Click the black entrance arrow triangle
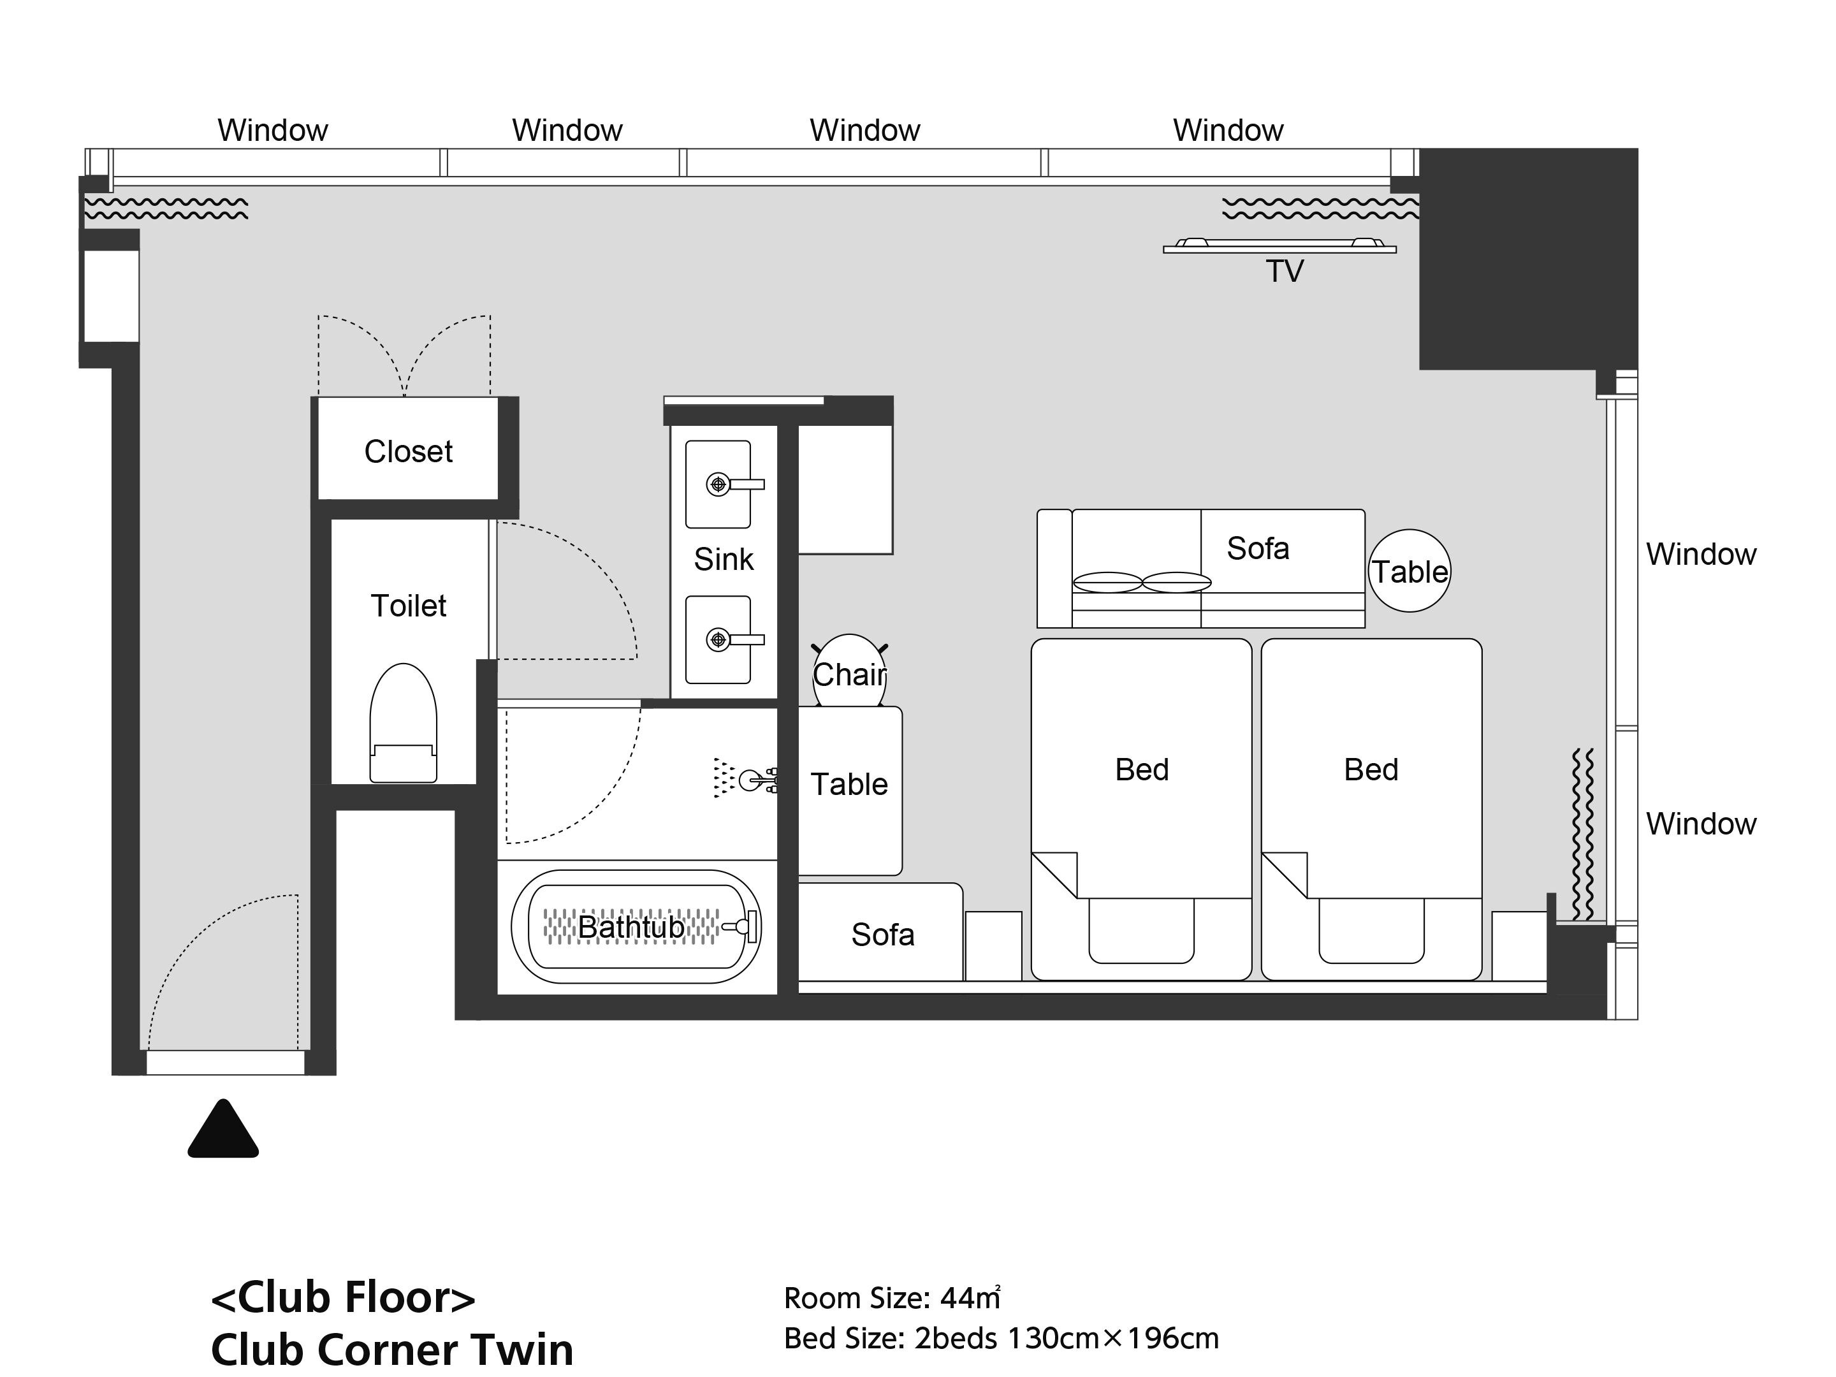[223, 1130]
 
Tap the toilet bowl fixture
[404, 723]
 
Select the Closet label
[409, 451]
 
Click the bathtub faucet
[741, 926]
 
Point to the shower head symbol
[745, 778]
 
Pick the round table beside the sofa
[1410, 571]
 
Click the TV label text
[1285, 272]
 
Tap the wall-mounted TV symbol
[1280, 245]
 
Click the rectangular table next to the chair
[850, 790]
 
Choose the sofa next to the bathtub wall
[880, 932]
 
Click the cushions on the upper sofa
[1142, 582]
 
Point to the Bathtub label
[631, 927]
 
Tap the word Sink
[724, 560]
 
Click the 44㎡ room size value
[970, 1297]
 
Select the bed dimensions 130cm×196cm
[1113, 1338]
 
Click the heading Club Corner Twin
[392, 1349]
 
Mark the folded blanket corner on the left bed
[1054, 875]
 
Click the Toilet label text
[409, 606]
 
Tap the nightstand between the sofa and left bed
[993, 946]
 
